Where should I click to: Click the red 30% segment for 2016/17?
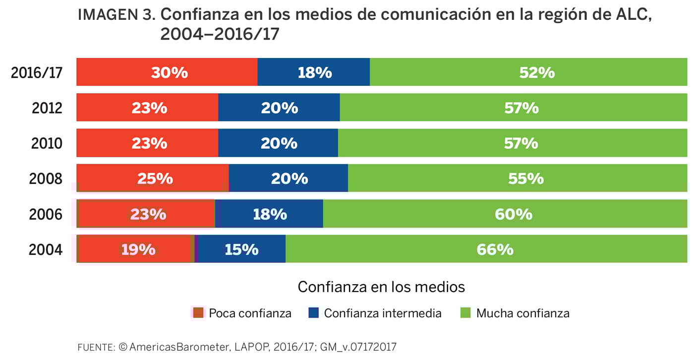coord(167,72)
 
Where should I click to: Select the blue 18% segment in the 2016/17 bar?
coord(314,72)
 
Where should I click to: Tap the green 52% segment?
coord(528,72)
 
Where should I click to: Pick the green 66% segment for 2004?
coord(486,249)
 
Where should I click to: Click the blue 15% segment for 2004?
coord(241,249)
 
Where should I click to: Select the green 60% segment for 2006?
coord(505,214)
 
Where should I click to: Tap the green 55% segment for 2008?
coord(518,178)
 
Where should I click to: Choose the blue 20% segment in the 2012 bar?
coord(279,108)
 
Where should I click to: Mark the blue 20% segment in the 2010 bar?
coord(278,143)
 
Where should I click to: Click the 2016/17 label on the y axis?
coord(37,73)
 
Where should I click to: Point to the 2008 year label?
coord(46,179)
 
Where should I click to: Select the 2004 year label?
coord(46,249)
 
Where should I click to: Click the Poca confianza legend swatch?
coord(198,313)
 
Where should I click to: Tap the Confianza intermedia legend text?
coord(383,313)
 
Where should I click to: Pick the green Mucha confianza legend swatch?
coord(465,313)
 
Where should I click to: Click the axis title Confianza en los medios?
coord(381,287)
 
